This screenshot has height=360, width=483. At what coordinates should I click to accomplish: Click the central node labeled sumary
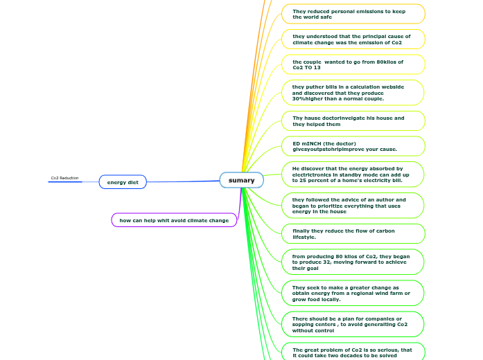point(241,180)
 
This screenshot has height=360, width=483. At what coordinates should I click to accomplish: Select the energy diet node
point(123,182)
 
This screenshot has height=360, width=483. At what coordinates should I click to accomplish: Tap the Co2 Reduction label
point(64,178)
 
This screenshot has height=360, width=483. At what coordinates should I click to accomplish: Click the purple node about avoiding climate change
point(174,220)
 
